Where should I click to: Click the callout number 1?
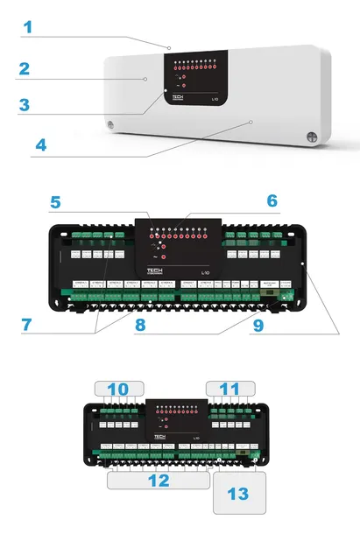point(27,26)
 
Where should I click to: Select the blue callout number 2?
point(25,67)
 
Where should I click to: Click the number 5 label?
point(56,202)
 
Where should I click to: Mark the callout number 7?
point(28,325)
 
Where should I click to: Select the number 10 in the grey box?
point(116,388)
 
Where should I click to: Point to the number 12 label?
point(159,480)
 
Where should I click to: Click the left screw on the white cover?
point(109,124)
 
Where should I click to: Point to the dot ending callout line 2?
point(145,79)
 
